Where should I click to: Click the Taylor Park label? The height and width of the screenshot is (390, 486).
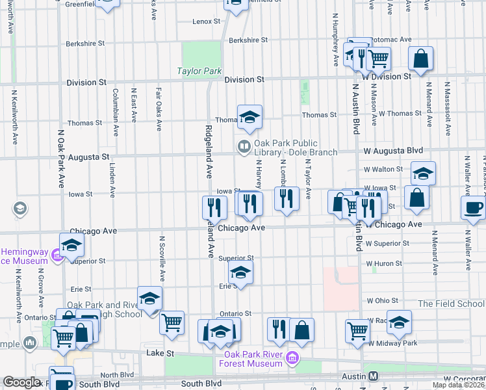[x=199, y=71]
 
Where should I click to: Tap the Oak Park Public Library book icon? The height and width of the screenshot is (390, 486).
[x=244, y=148]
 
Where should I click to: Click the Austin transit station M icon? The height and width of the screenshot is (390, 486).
[x=374, y=376]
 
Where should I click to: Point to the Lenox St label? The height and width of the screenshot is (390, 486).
[x=207, y=21]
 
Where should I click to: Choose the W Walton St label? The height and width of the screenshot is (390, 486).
[x=383, y=169]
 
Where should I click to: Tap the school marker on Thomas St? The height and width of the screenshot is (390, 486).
[x=249, y=117]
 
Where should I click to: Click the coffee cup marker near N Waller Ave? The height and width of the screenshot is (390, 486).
[x=473, y=207]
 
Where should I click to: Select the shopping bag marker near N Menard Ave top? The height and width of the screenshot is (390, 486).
[x=421, y=58]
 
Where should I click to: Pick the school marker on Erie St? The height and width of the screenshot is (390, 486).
[x=240, y=274]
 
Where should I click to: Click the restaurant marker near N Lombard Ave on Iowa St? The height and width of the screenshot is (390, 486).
[x=287, y=198]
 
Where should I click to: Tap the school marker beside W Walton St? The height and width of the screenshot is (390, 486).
[x=423, y=173]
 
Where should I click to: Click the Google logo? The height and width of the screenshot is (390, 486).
[x=21, y=382]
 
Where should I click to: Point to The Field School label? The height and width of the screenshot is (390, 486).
[x=451, y=304]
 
